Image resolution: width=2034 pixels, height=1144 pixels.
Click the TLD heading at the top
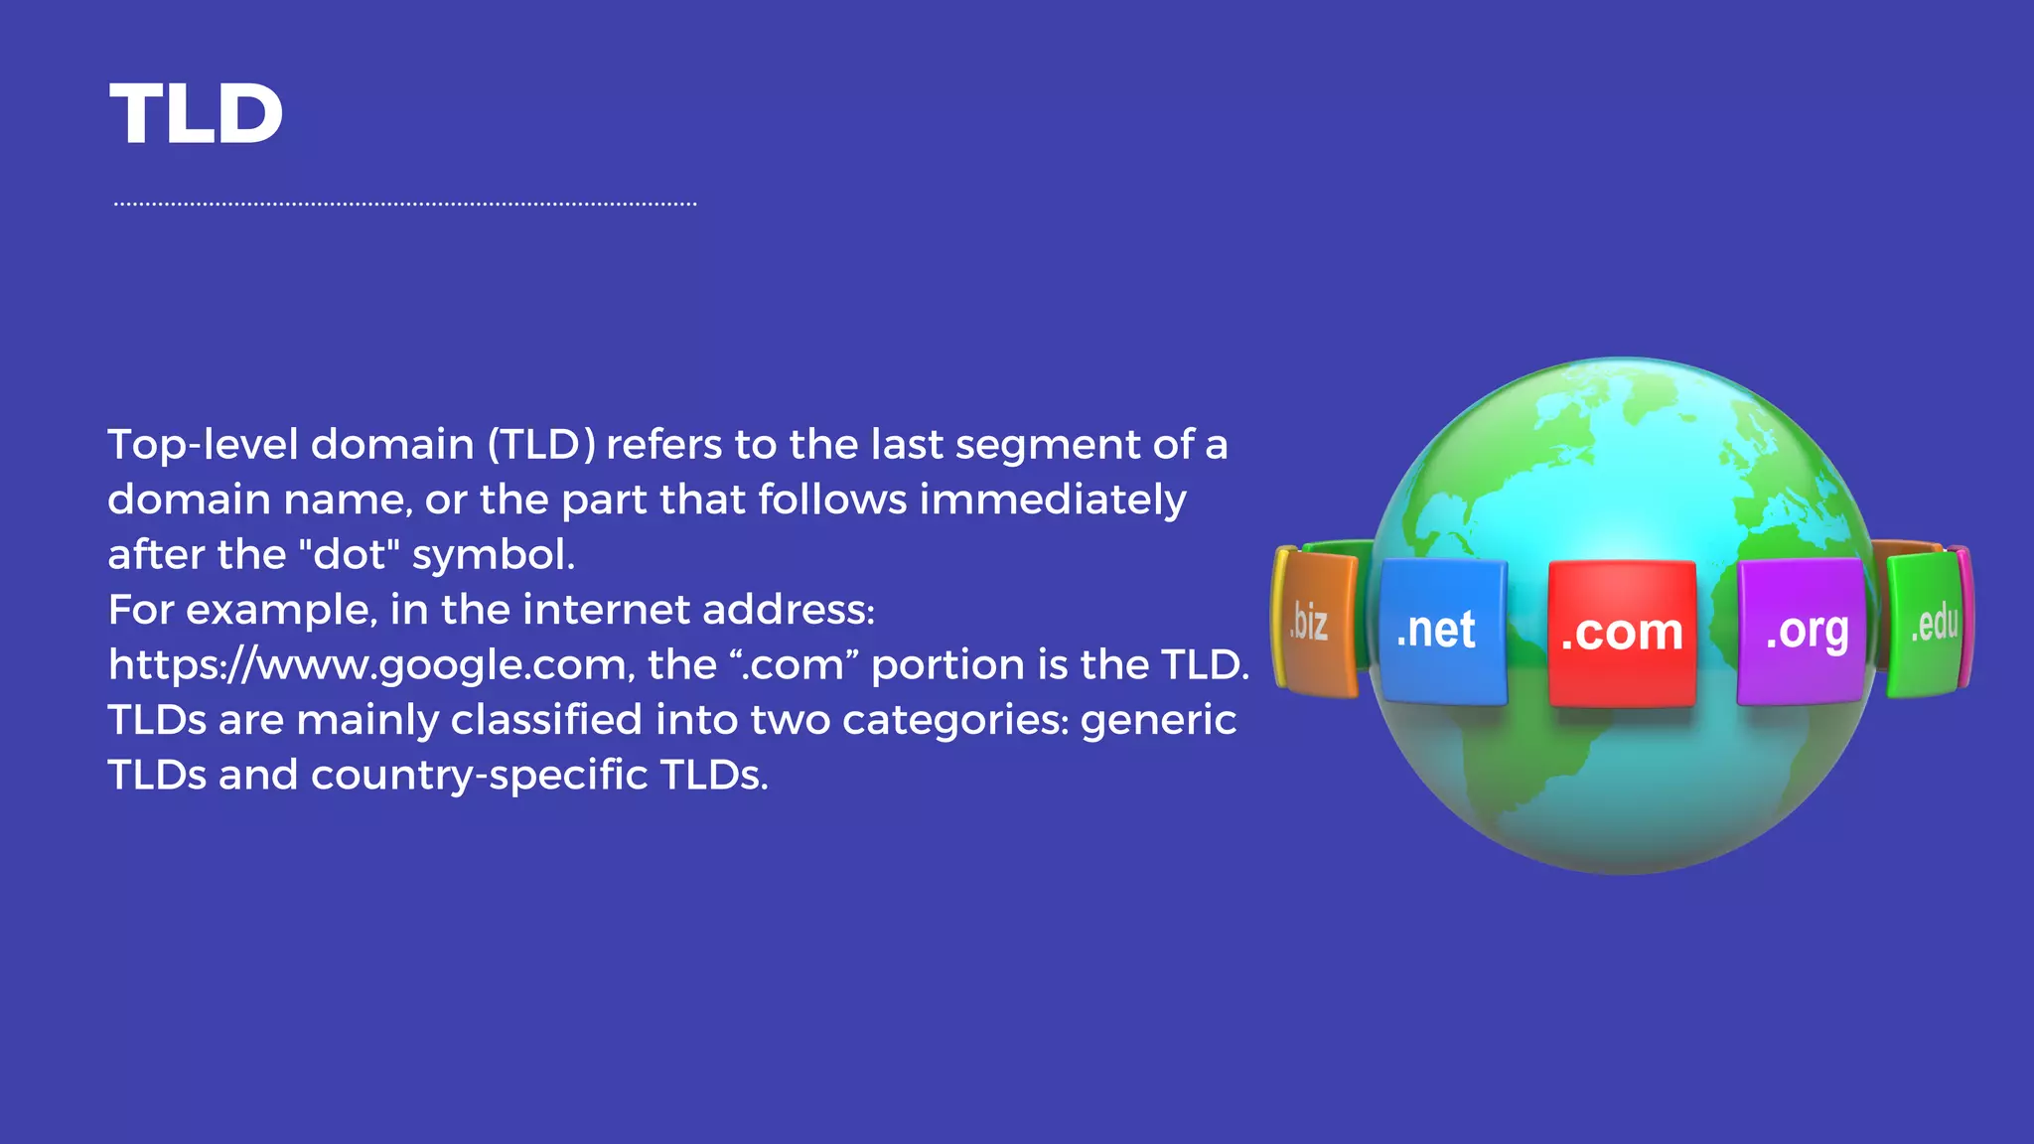196,114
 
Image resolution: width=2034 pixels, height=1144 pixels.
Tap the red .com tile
1621,633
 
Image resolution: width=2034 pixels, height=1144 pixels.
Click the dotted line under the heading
405,205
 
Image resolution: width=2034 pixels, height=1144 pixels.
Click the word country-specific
479,776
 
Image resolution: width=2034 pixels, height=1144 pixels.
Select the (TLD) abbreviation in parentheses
541,445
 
